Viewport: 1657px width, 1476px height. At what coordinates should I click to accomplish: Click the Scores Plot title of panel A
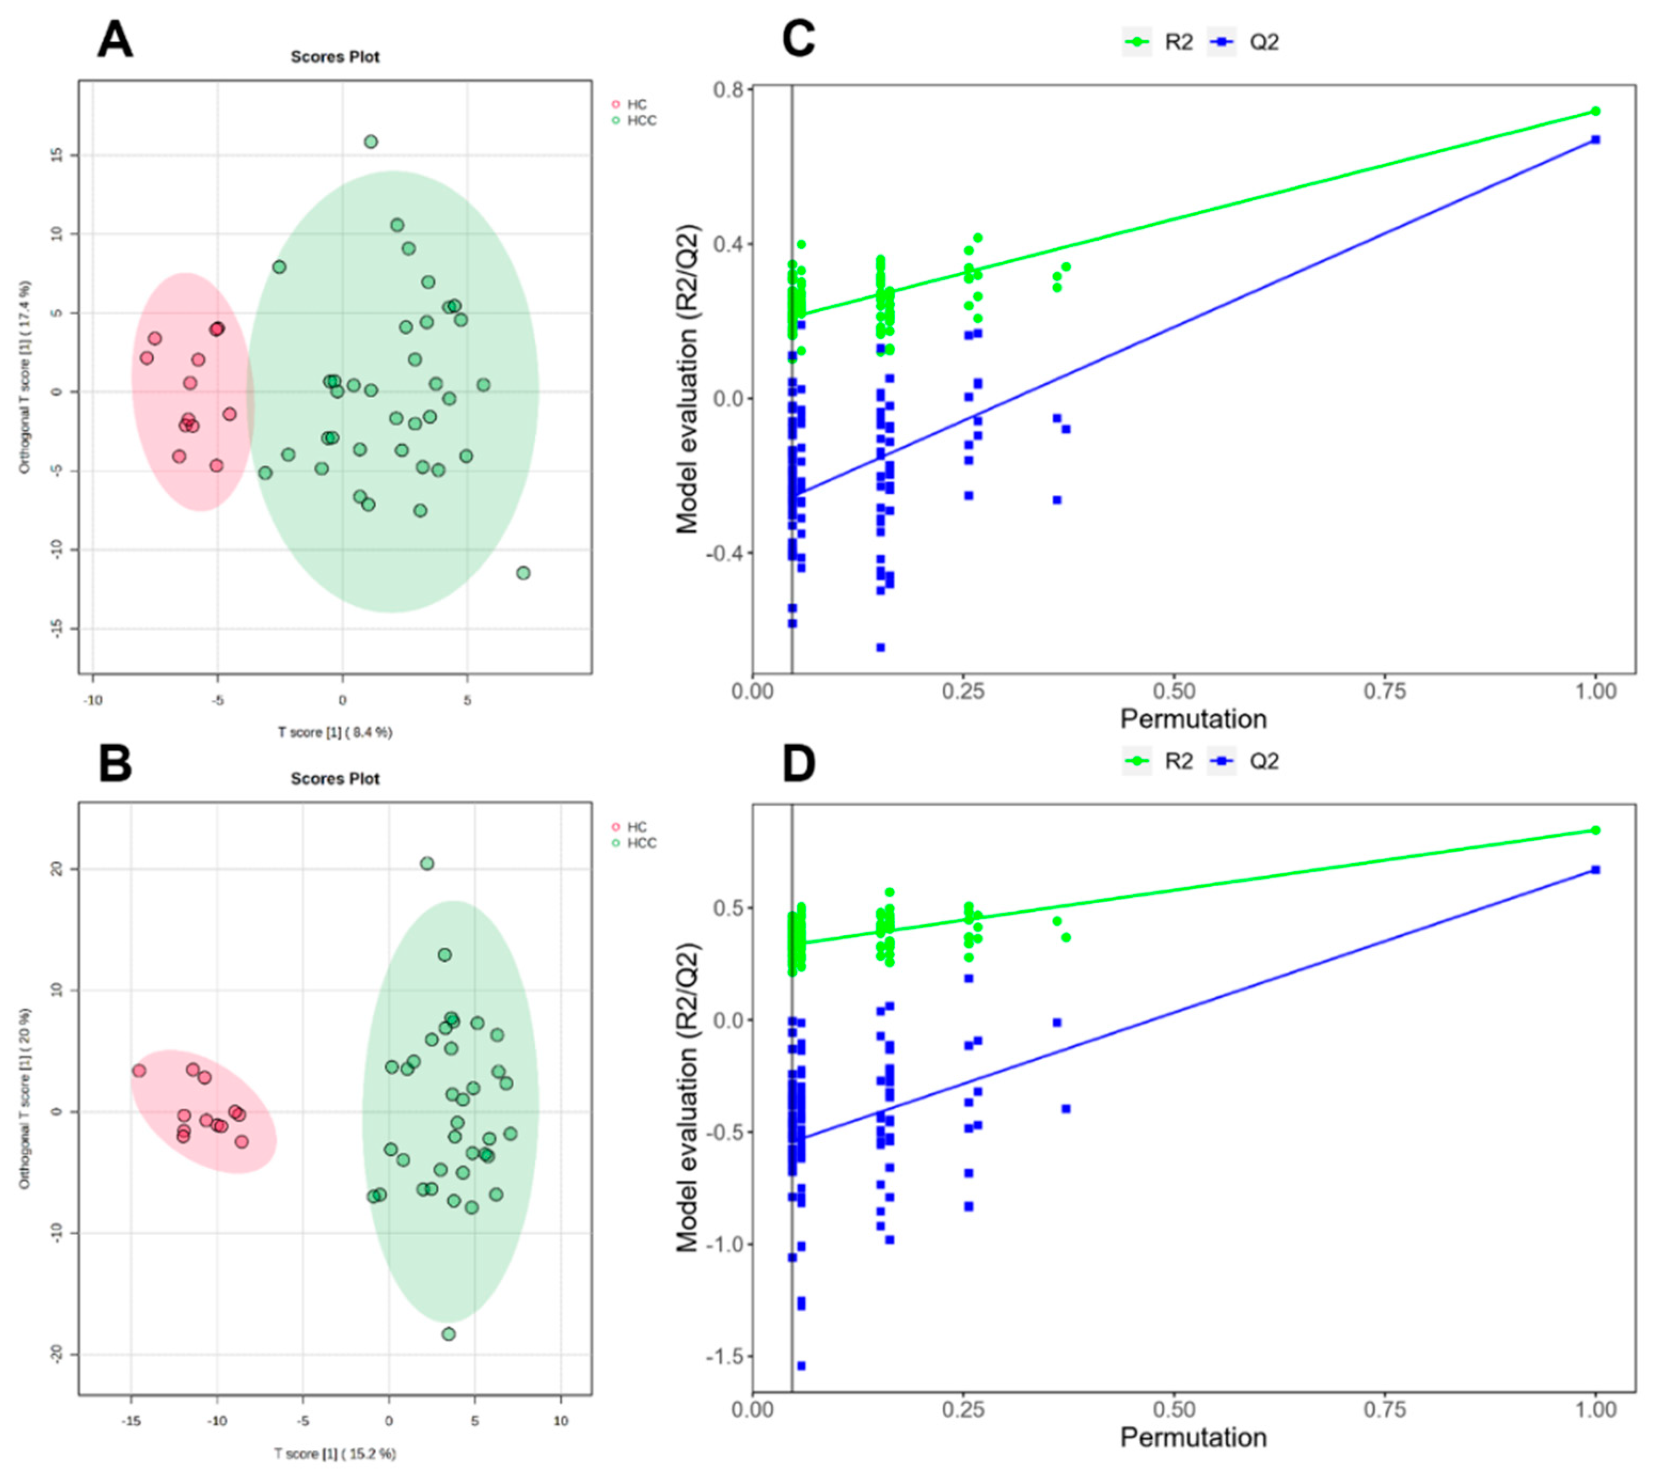[335, 57]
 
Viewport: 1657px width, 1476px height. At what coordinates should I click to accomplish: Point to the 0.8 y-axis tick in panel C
[730, 89]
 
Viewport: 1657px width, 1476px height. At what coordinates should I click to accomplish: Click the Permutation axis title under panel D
[1193, 1438]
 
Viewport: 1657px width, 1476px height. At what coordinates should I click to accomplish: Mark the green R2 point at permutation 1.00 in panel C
[1596, 111]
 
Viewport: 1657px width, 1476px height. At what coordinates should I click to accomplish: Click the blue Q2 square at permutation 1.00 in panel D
[1596, 870]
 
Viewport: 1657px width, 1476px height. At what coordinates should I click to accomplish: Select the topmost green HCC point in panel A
[370, 142]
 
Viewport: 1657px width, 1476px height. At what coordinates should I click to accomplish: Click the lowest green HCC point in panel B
[448, 1334]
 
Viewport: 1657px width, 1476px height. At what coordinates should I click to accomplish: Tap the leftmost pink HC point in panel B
[139, 1070]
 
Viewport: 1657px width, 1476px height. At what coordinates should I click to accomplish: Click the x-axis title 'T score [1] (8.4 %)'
[335, 732]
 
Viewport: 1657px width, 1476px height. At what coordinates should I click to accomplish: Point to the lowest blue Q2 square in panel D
[801, 1366]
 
